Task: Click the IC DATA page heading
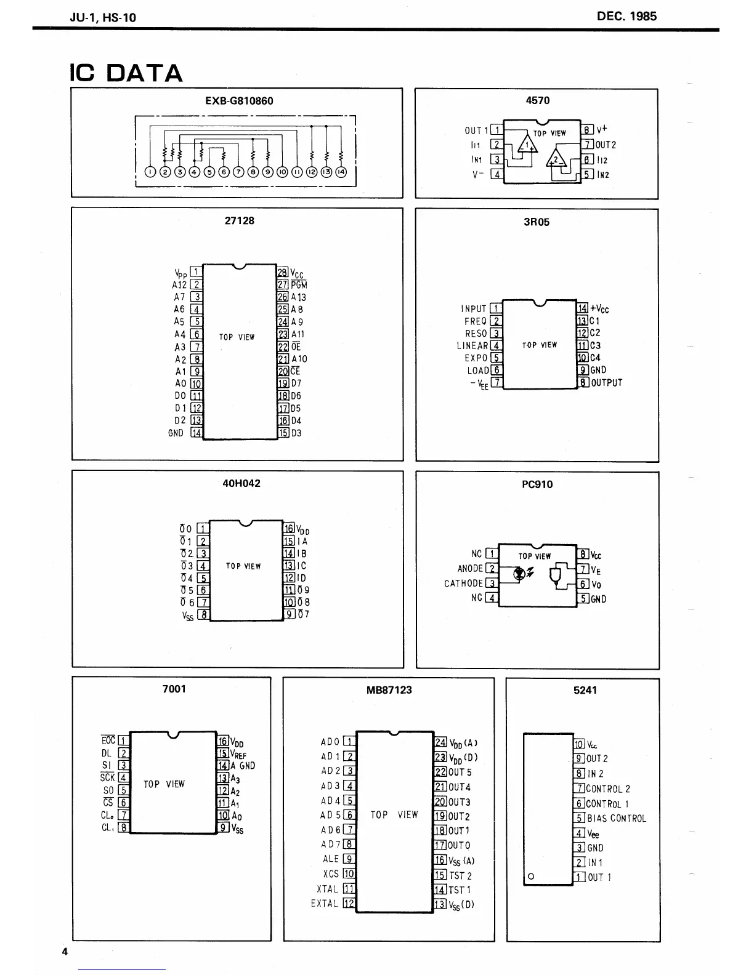pos(126,73)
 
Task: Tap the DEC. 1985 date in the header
pos(626,17)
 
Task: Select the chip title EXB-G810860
pos(239,100)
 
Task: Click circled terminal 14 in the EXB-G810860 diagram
pos(341,172)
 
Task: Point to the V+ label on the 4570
pos(602,129)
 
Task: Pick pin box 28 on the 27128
pos(283,273)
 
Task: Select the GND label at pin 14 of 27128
pos(176,433)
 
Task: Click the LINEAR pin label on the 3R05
pos(472,346)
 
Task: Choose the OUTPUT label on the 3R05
pos(607,383)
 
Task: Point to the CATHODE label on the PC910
pos(464,584)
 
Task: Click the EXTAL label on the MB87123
pos(325,904)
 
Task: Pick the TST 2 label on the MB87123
pos(460,875)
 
